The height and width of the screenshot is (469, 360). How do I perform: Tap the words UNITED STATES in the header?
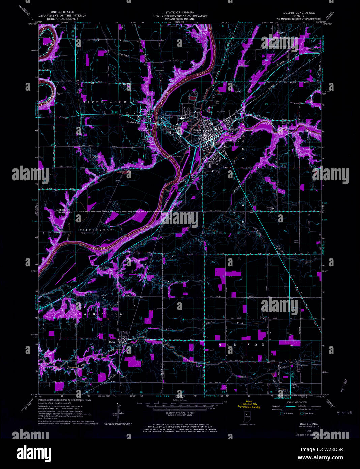click(62, 12)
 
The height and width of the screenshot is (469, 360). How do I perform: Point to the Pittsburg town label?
click(131, 122)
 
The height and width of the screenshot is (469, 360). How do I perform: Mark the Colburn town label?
click(113, 342)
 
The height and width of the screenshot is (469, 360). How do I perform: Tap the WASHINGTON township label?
click(100, 314)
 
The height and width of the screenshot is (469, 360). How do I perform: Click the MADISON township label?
click(242, 345)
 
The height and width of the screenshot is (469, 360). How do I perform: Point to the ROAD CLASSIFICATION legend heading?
click(297, 402)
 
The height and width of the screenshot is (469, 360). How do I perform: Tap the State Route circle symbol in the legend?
click(302, 413)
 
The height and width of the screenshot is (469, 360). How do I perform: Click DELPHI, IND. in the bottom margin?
click(304, 423)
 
